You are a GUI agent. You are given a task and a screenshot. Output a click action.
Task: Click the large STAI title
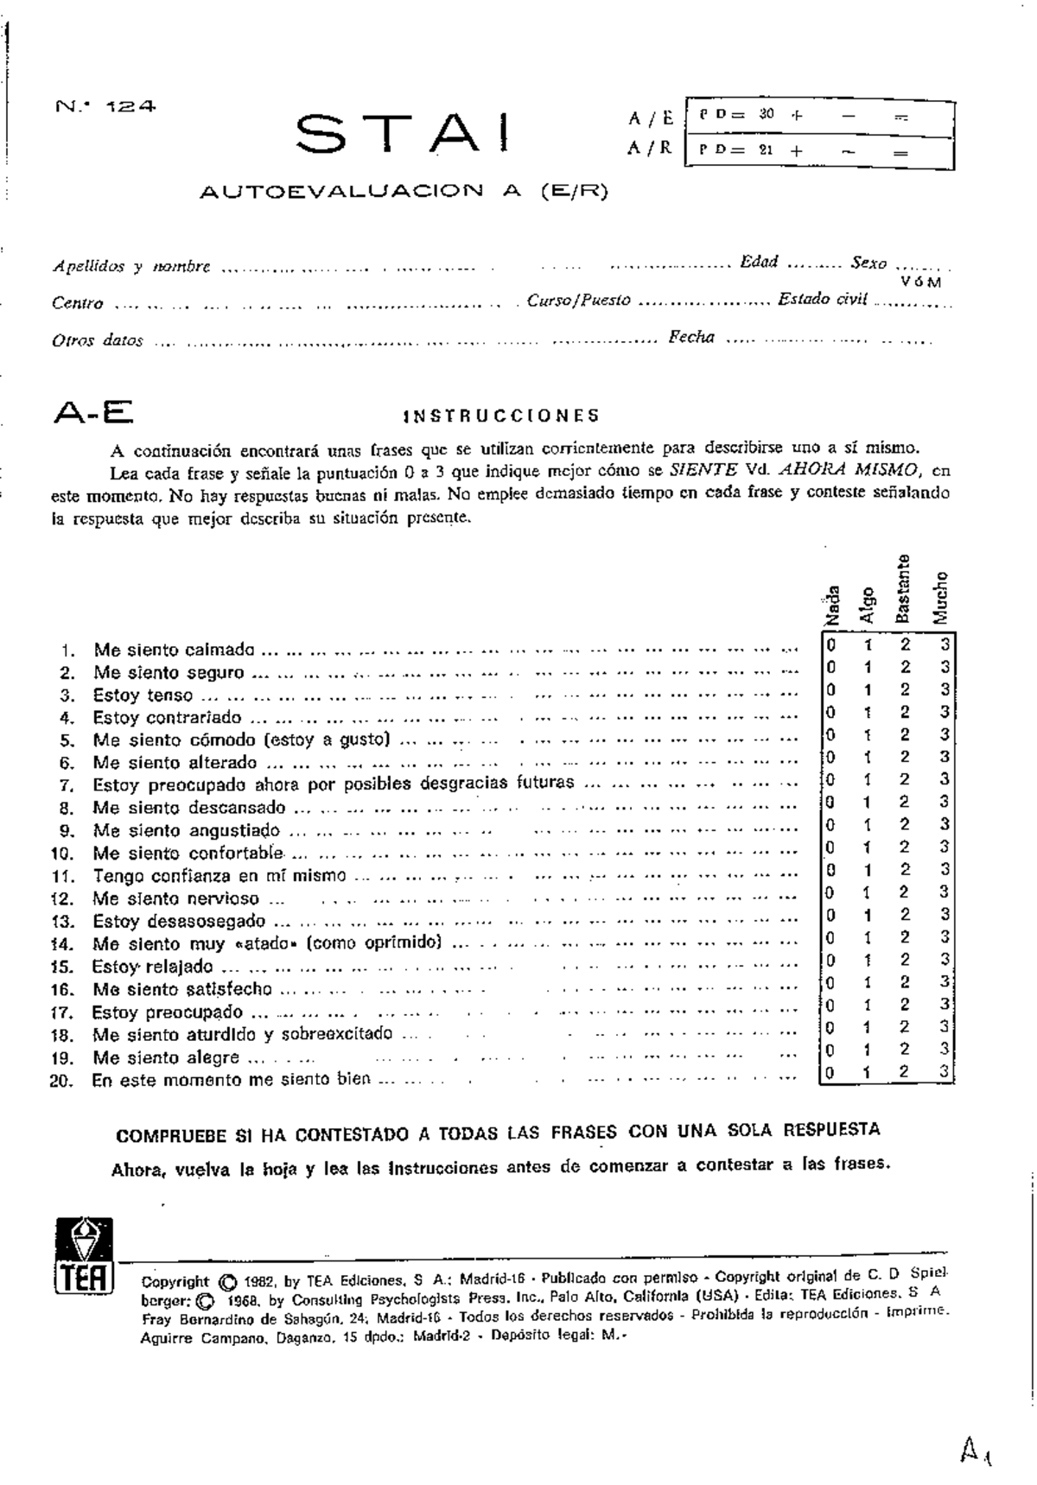click(x=402, y=136)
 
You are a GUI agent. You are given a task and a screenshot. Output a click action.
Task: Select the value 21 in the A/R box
click(x=766, y=149)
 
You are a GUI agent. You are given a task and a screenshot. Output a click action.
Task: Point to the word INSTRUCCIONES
click(x=501, y=416)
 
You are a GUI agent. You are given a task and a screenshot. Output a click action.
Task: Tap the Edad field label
click(x=759, y=262)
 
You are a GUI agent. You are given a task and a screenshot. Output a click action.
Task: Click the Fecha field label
click(x=691, y=338)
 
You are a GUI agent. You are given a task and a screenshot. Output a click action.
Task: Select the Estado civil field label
click(x=822, y=300)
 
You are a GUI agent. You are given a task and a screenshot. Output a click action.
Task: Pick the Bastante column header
click(x=902, y=588)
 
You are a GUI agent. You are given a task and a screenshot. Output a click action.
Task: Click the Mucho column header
click(x=940, y=597)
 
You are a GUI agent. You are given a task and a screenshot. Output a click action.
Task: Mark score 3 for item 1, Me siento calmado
click(x=945, y=644)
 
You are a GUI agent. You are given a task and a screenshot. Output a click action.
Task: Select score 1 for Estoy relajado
click(x=868, y=960)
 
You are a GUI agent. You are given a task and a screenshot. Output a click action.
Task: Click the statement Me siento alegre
click(x=166, y=1058)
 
